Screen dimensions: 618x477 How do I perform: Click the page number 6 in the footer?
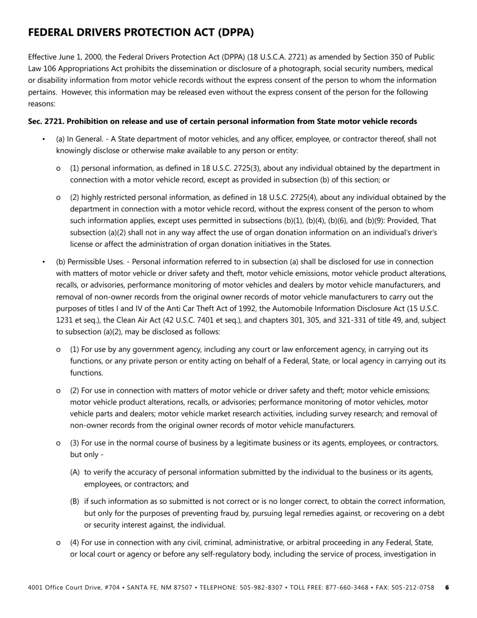(447, 587)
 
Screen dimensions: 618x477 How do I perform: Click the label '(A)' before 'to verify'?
(75, 472)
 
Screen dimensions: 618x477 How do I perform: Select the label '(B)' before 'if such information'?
(75, 501)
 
